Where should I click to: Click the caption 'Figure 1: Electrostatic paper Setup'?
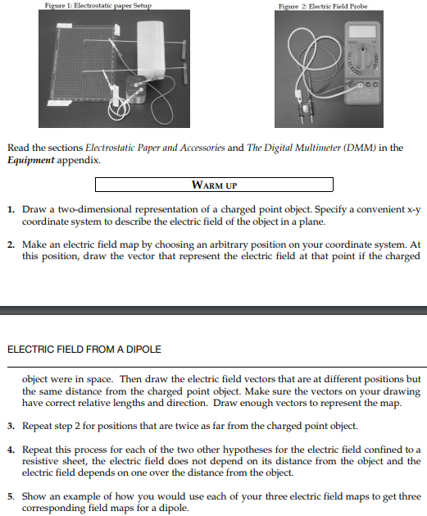tap(98, 6)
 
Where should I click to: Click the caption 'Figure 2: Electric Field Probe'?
tap(324, 6)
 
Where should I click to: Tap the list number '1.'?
tap(11, 211)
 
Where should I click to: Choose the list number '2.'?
tap(11, 244)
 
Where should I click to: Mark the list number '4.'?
tap(11, 450)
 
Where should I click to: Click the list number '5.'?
tap(11, 496)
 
